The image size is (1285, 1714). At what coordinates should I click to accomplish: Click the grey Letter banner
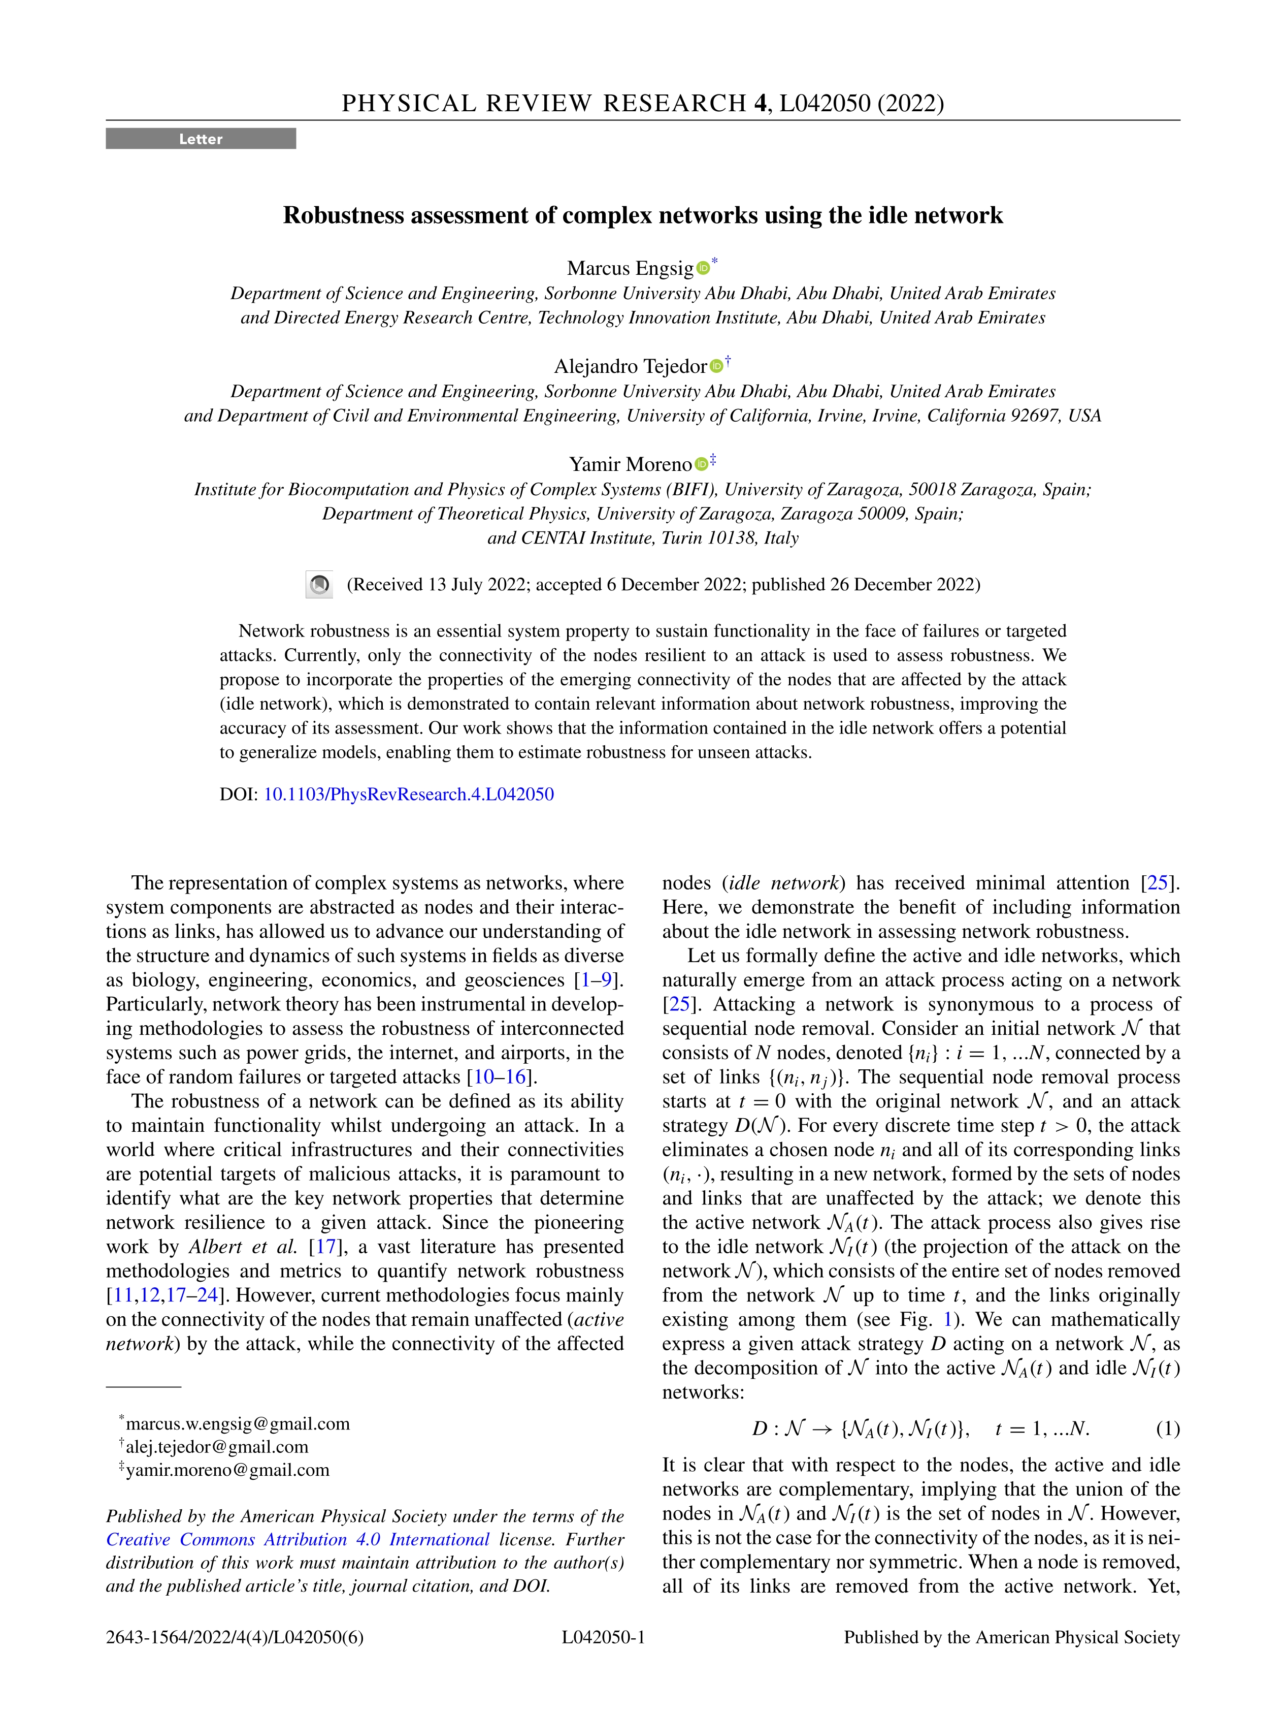pos(201,139)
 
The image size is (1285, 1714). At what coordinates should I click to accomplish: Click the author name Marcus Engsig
pos(630,268)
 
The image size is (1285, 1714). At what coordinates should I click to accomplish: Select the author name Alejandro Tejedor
pos(630,366)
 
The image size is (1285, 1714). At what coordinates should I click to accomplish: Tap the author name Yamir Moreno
pos(630,464)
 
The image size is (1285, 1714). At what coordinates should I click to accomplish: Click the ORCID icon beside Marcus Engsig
pos(703,268)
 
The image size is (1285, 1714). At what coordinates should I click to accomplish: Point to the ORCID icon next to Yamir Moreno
pos(701,464)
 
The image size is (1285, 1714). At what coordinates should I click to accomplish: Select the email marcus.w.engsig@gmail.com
pos(238,1423)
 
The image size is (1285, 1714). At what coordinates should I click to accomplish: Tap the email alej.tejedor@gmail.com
pos(217,1447)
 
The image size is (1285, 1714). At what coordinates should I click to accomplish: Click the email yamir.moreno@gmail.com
pos(227,1470)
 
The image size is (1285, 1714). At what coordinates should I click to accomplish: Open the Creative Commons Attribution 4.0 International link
pos(298,1540)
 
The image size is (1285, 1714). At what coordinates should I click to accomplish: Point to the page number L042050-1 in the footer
pos(603,1637)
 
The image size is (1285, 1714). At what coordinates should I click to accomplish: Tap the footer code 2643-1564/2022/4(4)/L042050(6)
pos(234,1637)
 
